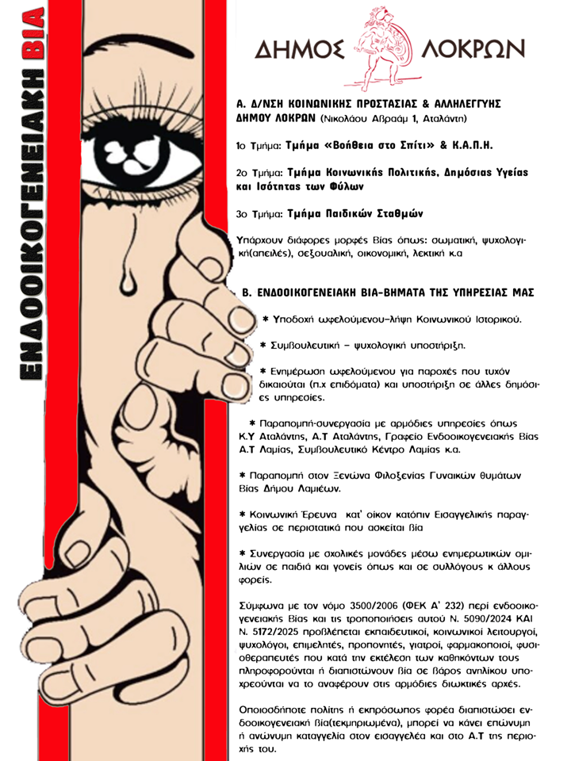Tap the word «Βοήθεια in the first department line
pyautogui.click(x=354, y=147)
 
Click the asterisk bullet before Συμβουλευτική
pyautogui.click(x=265, y=345)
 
